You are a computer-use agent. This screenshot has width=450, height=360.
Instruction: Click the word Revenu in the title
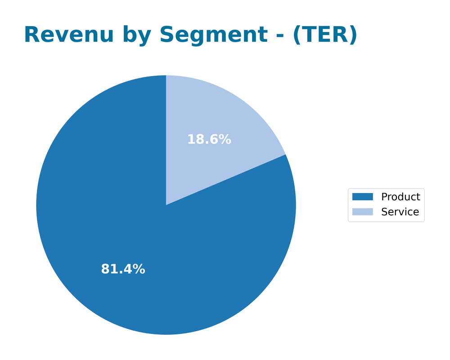pyautogui.click(x=68, y=35)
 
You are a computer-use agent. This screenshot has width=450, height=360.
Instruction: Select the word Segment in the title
pyautogui.click(x=218, y=35)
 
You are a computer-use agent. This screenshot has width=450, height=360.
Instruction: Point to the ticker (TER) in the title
pyautogui.click(x=324, y=35)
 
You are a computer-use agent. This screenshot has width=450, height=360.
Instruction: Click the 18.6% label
pyautogui.click(x=209, y=139)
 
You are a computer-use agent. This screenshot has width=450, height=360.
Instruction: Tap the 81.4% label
pyautogui.click(x=123, y=269)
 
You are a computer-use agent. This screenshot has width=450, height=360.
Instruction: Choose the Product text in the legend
pyautogui.click(x=400, y=197)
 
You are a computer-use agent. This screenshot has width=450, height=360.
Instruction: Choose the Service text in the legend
pyautogui.click(x=400, y=212)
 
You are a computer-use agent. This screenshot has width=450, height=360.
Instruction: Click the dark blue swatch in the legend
pyautogui.click(x=362, y=197)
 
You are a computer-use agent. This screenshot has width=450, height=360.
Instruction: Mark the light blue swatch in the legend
pyautogui.click(x=362, y=212)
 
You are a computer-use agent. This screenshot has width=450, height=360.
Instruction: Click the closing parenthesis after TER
pyautogui.click(x=353, y=35)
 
